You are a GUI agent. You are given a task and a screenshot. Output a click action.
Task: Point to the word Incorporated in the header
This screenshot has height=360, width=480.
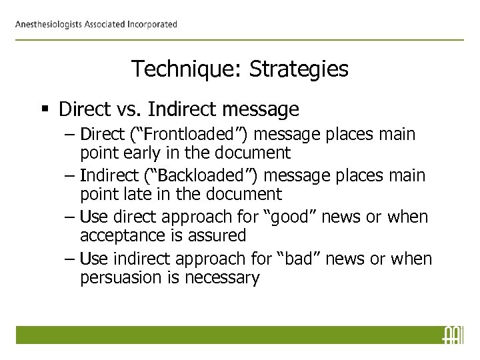coord(149,25)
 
